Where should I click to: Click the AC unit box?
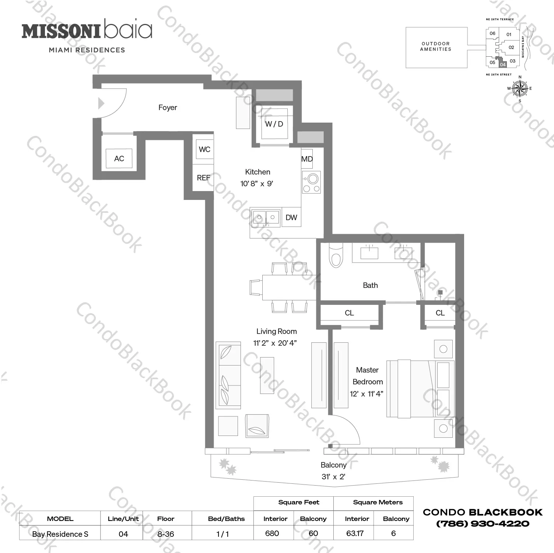[119, 159]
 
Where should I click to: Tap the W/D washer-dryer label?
[274, 124]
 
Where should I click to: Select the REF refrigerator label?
[203, 178]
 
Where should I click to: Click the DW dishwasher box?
[291, 217]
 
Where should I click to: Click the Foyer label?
[168, 108]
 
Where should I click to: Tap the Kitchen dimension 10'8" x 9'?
[257, 183]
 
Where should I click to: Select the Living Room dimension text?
[275, 343]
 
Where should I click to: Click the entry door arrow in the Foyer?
[101, 103]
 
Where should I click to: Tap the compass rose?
[520, 88]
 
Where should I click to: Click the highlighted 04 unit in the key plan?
[503, 64]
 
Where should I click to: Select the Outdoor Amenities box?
[436, 47]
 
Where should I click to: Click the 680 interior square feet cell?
[272, 533]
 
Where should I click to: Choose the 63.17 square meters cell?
[355, 533]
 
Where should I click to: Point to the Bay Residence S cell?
[60, 534]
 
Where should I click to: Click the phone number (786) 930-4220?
[483, 524]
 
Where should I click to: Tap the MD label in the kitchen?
[307, 159]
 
